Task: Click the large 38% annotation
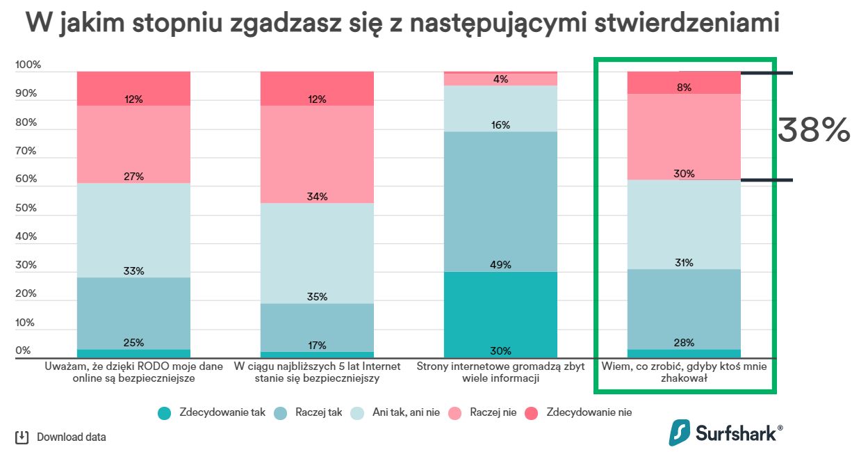[813, 130]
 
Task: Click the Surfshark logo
[726, 433]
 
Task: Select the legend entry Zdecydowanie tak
[212, 412]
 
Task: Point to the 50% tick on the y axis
[28, 208]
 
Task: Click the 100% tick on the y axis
[28, 65]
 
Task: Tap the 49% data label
[500, 265]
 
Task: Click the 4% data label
[500, 79]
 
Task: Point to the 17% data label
[317, 346]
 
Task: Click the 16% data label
[500, 125]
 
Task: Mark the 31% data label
[684, 263]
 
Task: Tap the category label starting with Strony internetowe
[500, 372]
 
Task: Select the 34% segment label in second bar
[317, 197]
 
